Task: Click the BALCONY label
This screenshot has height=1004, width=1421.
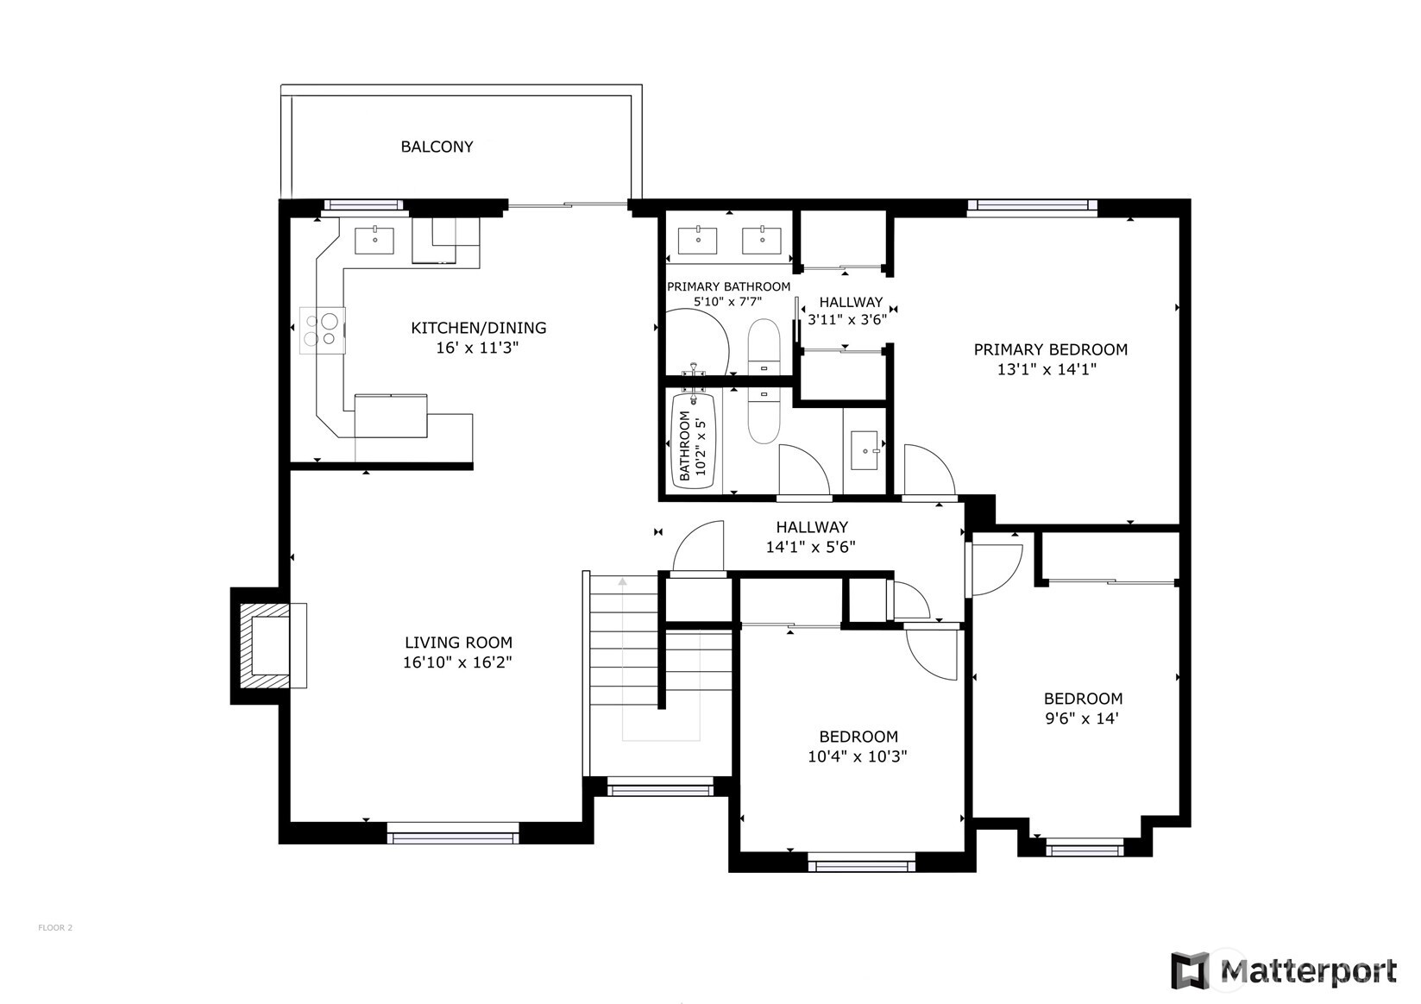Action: pos(437,147)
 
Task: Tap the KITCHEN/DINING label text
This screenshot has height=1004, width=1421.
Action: pos(478,328)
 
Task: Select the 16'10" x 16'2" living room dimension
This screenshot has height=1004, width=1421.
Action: pos(457,662)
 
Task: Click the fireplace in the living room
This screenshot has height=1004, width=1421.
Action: pos(267,646)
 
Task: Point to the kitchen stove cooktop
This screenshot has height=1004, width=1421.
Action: pos(323,330)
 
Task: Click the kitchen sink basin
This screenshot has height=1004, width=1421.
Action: pos(374,241)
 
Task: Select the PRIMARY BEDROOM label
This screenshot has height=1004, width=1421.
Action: pos(1051,349)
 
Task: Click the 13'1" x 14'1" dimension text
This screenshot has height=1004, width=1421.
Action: pos(1047,369)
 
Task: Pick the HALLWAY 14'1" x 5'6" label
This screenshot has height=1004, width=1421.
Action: pos(811,537)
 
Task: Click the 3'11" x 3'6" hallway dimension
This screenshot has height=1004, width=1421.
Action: pos(847,320)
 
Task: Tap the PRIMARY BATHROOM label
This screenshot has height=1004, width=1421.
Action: pos(728,286)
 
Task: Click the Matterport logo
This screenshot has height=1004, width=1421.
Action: pos(1283,971)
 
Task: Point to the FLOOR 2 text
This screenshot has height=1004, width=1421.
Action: pos(55,928)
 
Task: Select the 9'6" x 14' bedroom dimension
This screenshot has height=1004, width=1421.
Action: pos(1082,718)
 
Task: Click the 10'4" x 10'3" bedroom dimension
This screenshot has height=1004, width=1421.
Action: pos(857,756)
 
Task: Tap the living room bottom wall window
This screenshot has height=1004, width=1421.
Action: pos(453,832)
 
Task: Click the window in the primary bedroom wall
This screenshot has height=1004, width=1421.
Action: pos(1032,205)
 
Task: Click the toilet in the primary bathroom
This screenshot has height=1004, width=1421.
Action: pos(764,346)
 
